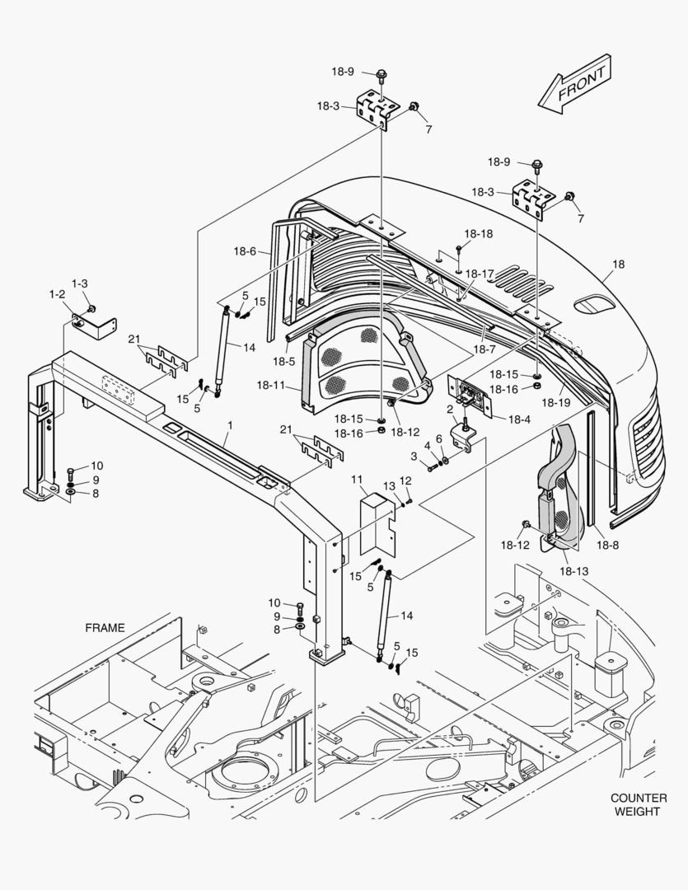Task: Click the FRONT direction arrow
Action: click(x=573, y=84)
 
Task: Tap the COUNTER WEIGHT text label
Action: click(x=638, y=804)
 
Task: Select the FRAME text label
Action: click(x=105, y=627)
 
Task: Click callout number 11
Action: click(x=357, y=480)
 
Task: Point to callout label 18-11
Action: click(x=270, y=385)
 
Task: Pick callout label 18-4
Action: click(x=519, y=419)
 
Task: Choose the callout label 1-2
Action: click(x=57, y=294)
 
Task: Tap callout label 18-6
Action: click(x=245, y=252)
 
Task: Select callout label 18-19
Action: click(x=556, y=402)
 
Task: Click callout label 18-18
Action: click(x=478, y=234)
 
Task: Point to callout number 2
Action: click(x=450, y=409)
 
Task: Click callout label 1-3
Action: click(x=80, y=283)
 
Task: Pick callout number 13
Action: click(x=389, y=486)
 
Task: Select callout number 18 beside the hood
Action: click(x=618, y=265)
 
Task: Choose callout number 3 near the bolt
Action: click(x=414, y=456)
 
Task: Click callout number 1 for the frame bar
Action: click(x=230, y=425)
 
